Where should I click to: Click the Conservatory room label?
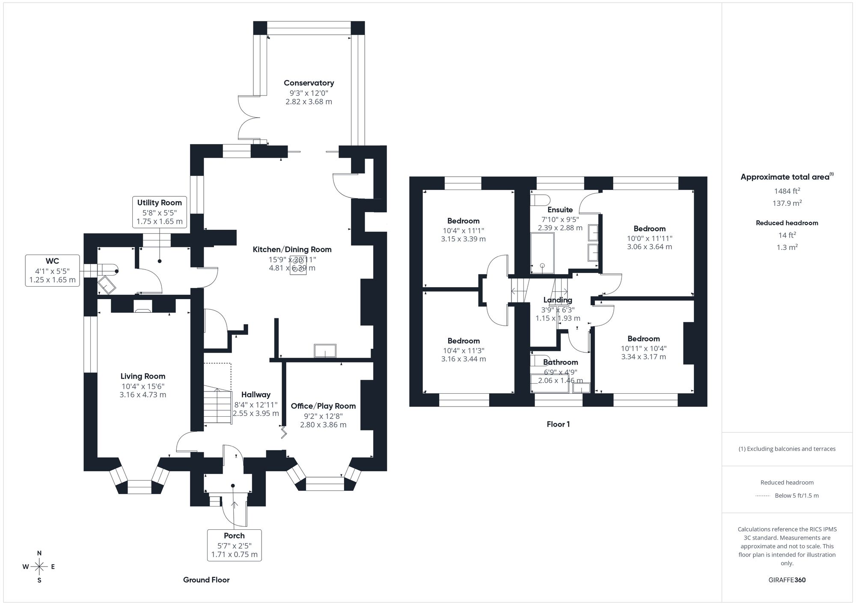pyautogui.click(x=309, y=83)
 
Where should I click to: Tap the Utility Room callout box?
pyautogui.click(x=159, y=212)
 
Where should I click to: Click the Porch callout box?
pyautogui.click(x=234, y=545)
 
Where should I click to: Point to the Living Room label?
pyautogui.click(x=143, y=377)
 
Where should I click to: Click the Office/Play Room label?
pyautogui.click(x=323, y=406)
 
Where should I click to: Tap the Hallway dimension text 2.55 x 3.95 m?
pyautogui.click(x=256, y=414)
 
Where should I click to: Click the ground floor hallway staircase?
pyautogui.click(x=217, y=404)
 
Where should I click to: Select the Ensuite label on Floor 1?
pyautogui.click(x=560, y=210)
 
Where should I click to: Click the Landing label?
pyautogui.click(x=558, y=300)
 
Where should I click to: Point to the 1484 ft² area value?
pyautogui.click(x=787, y=191)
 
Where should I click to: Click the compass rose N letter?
pyautogui.click(x=39, y=553)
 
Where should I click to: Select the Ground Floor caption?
pyautogui.click(x=206, y=580)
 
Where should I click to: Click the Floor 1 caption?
pyautogui.click(x=558, y=424)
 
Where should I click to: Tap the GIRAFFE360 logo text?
pyautogui.click(x=787, y=580)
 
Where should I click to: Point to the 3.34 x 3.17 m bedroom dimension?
pyautogui.click(x=643, y=357)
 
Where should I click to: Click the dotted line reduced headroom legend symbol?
pyautogui.click(x=763, y=496)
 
